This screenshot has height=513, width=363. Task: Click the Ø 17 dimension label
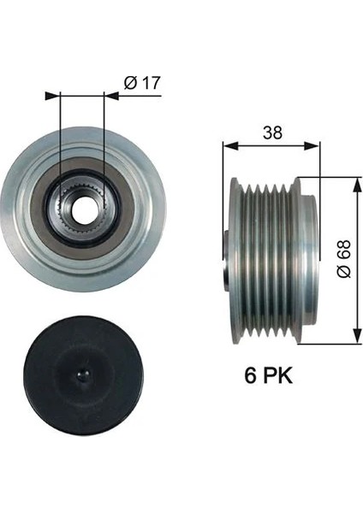click(x=142, y=83)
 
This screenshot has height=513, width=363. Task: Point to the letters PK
click(x=277, y=377)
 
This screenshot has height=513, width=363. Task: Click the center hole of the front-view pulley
click(x=83, y=209)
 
